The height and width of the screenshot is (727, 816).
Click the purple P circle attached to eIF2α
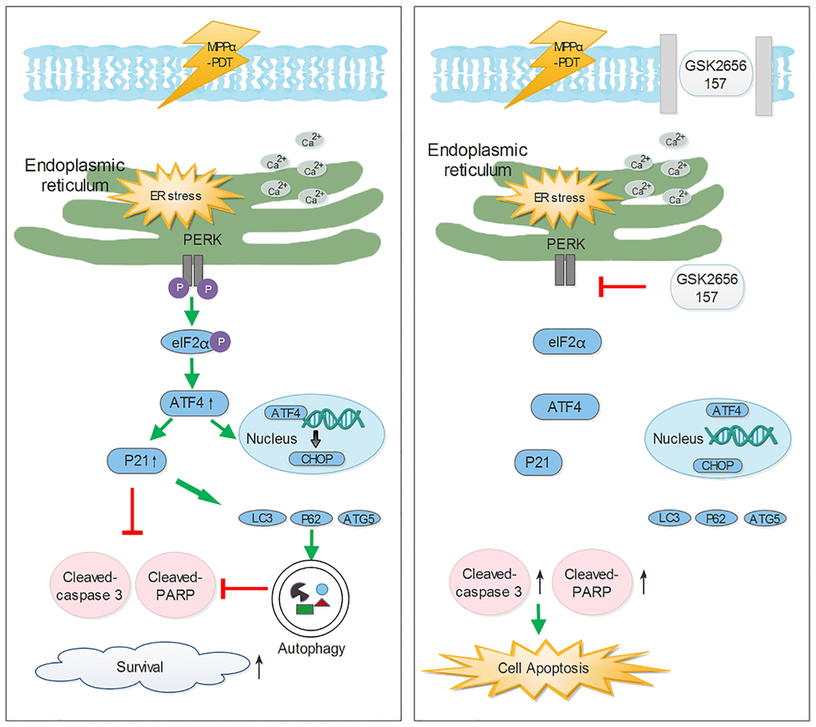click(x=221, y=341)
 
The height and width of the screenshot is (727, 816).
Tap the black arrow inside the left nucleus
click(x=316, y=437)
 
